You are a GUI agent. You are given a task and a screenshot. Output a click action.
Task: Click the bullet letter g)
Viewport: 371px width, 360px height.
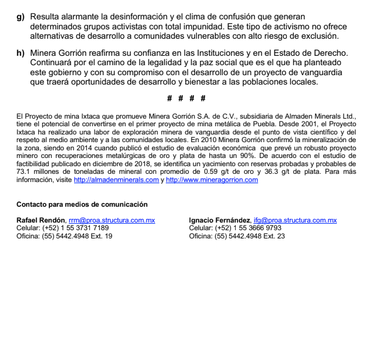point(20,19)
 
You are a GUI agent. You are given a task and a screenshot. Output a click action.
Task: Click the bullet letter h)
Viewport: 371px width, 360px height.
point(20,53)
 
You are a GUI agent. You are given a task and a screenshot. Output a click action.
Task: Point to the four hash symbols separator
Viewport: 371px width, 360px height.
point(186,97)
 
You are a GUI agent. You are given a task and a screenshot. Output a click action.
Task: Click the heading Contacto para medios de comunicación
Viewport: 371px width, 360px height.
point(82,204)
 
